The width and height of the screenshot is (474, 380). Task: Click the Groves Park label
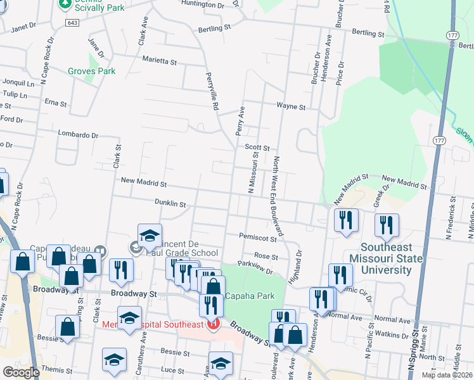pyautogui.click(x=92, y=71)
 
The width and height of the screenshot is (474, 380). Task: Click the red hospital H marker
pyautogui.click(x=213, y=324)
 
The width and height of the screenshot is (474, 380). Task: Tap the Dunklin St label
pyautogui.click(x=170, y=204)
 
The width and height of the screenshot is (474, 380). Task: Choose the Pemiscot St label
pyautogui.click(x=258, y=238)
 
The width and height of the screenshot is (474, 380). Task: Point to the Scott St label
pyautogui.click(x=257, y=147)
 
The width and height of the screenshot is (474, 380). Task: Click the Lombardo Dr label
pyautogui.click(x=78, y=135)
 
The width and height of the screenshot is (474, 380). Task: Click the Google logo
pyautogui.click(x=21, y=372)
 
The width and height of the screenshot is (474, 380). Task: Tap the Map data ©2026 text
pyautogui.click(x=446, y=375)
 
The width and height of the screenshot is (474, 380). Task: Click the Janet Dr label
pyautogui.click(x=23, y=27)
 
